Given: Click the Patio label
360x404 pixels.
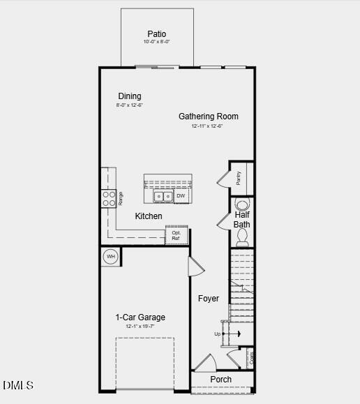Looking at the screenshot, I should [157, 34].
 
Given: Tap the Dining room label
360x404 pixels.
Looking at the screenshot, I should [129, 96].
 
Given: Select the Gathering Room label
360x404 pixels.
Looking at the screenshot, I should [208, 117].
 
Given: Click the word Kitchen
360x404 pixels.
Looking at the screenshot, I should [149, 216].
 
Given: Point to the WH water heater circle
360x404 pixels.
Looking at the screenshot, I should [110, 257].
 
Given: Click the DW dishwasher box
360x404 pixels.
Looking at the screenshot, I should [181, 197].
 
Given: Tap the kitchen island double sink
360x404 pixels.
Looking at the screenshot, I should [163, 197].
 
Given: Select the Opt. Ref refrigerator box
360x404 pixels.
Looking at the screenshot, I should [176, 236].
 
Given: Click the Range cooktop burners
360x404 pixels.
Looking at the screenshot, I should [109, 199].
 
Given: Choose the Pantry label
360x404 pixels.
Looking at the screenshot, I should [239, 177].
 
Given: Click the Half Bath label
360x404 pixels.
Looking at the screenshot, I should [242, 220].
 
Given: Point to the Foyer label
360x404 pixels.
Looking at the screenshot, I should [208, 299].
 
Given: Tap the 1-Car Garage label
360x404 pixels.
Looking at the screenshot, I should [140, 317].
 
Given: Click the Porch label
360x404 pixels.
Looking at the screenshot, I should [221, 380].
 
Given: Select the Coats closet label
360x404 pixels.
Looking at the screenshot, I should [251, 359].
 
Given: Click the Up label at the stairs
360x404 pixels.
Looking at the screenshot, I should [218, 334].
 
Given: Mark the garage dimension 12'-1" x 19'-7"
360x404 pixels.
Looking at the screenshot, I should [140, 327].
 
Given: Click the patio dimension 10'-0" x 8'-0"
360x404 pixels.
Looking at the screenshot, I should [157, 43].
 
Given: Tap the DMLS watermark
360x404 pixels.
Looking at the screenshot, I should [18, 385].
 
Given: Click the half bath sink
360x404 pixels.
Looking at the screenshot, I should [242, 205].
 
